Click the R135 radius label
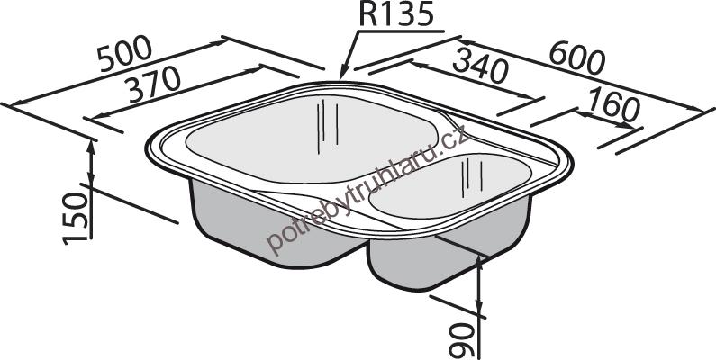point(395,14)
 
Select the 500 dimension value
point(124,53)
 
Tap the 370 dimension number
point(154,84)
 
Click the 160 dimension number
point(614,106)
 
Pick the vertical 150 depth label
point(76,218)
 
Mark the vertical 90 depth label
point(462,340)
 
